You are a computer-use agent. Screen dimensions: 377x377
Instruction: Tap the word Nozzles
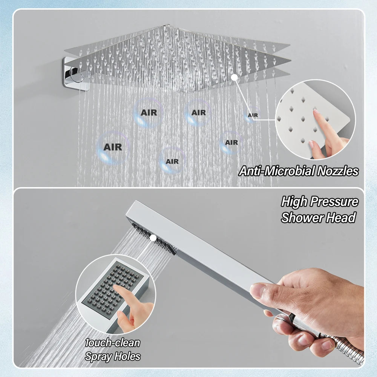[337, 171]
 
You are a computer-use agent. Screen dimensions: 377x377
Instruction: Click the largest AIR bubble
[113, 147]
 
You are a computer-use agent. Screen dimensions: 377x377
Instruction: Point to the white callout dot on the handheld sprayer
[152, 238]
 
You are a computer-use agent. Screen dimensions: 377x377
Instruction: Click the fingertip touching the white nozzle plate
[316, 112]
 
